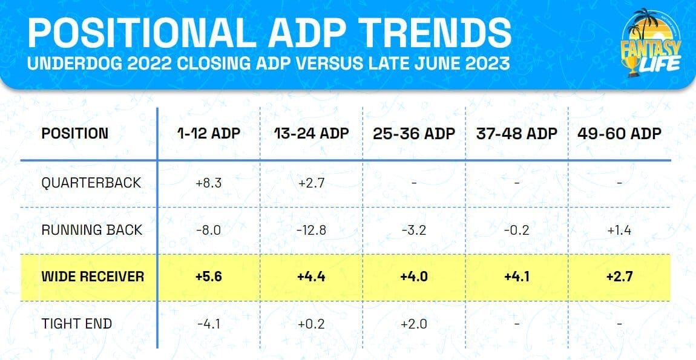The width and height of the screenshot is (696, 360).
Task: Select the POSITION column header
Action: coord(75,134)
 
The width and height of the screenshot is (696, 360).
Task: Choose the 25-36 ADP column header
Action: coord(413,134)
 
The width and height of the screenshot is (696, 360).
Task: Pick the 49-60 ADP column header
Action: coord(619,134)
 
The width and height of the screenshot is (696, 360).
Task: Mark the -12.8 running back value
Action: coord(310,231)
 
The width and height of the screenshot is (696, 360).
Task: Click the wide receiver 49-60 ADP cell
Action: coord(619,277)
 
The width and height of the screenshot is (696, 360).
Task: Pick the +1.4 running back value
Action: coord(619,231)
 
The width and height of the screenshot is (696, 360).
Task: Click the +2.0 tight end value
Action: coord(413,324)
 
